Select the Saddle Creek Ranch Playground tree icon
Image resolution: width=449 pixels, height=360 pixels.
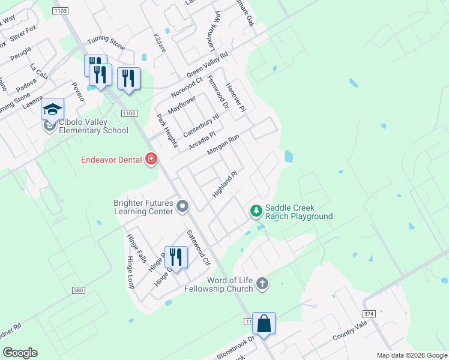pos(256,211)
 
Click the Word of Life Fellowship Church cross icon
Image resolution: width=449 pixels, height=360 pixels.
pos(262,283)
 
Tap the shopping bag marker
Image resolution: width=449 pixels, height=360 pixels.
pos(264,323)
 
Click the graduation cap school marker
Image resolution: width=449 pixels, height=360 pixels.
pos(52,109)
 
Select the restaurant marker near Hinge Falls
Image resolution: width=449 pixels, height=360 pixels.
pos(176,257)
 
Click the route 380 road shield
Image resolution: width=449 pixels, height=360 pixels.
pos(77,290)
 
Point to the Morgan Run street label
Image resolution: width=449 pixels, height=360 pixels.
pos(223,145)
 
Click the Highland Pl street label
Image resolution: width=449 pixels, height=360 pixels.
pos(225,184)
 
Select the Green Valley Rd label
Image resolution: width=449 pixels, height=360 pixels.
pos(208,65)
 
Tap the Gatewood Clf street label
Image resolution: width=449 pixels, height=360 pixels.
pos(199,248)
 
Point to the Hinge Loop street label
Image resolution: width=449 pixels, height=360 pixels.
pos(130,273)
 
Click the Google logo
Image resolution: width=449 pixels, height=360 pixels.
pos(20,353)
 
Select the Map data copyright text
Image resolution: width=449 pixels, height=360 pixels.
pos(412,355)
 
